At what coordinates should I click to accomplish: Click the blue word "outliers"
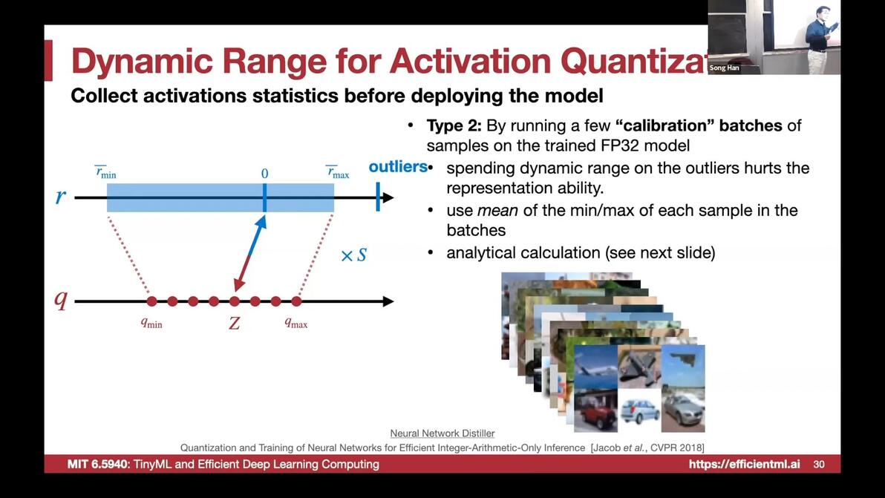397,167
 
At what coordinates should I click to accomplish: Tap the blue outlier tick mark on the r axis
378,197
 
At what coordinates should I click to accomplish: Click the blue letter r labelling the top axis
60,196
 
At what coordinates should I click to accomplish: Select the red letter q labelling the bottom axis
60,300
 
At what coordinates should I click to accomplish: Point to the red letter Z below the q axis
234,323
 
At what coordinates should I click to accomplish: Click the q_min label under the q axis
151,323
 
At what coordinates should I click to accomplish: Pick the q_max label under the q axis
295,323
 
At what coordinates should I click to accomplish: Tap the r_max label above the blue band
338,172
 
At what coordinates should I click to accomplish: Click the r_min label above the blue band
105,172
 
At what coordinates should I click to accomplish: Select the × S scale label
354,255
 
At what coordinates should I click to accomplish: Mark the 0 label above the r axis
265,174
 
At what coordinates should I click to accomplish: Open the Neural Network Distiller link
442,433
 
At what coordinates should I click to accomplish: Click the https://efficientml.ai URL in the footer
744,464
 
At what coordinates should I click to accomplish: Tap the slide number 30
818,464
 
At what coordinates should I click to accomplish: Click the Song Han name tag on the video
724,68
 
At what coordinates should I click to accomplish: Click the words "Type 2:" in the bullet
454,125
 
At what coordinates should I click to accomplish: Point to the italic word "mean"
497,211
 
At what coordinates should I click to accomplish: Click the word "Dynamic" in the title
143,61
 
